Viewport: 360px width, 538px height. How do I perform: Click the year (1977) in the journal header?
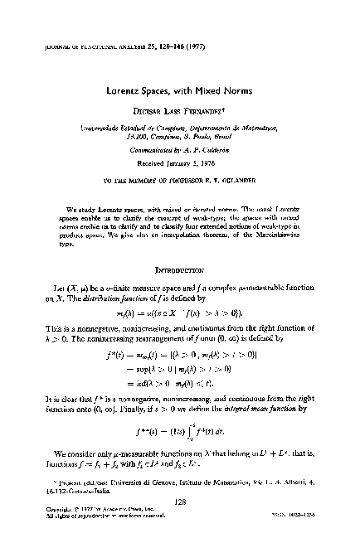[x=139, y=35]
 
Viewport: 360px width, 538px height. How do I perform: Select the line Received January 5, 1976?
[x=180, y=162]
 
